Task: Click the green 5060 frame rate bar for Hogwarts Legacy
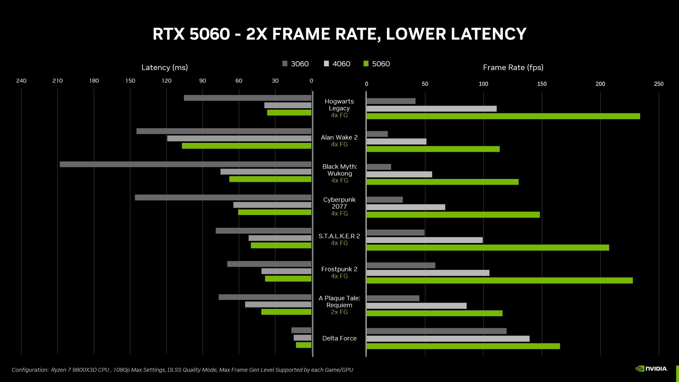pos(503,116)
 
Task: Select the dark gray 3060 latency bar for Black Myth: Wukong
pos(185,164)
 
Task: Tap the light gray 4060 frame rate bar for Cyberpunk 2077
pos(406,207)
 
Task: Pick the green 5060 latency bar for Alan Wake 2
pos(246,146)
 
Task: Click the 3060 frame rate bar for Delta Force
pos(436,331)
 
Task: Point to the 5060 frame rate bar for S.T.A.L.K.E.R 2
pos(488,248)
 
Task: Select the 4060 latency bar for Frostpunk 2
pos(286,271)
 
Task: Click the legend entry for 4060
pos(337,64)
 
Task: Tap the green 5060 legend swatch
pos(366,64)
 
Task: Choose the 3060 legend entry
pos(296,64)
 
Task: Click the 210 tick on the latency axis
pos(58,81)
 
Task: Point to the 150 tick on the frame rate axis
pos(542,84)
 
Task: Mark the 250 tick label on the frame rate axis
pos(658,84)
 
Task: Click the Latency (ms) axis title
pos(164,67)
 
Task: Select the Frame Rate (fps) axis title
pos(513,67)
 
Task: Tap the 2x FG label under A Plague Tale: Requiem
pos(339,312)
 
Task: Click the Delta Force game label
pos(339,338)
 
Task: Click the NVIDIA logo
pos(651,369)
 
